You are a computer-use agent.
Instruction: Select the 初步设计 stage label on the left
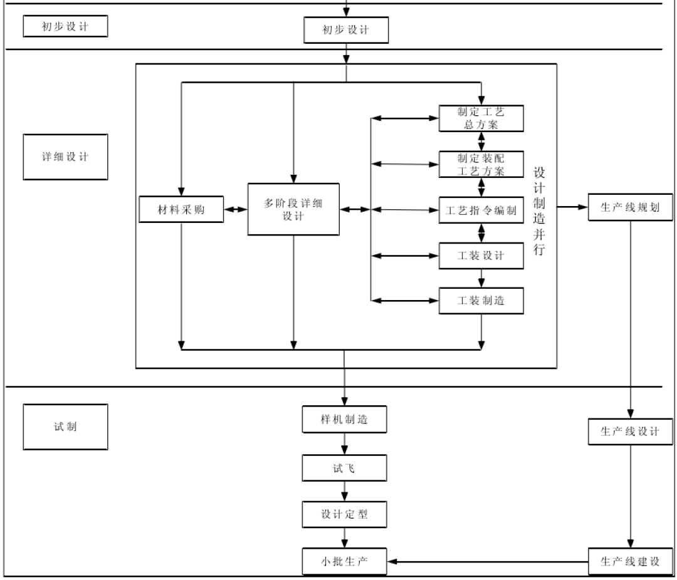pos(65,26)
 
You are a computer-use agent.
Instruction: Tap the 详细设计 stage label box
pos(65,157)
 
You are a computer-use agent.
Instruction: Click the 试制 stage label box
pos(65,427)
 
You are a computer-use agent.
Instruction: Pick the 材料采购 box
pos(181,210)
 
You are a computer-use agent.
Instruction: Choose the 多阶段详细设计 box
pos(293,209)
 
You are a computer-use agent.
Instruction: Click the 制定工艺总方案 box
pos(481,118)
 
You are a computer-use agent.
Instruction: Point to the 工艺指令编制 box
pos(481,210)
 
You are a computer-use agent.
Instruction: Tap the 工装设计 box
pos(481,256)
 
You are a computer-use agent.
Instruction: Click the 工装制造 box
pos(481,301)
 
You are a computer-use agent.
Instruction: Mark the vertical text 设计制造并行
pos(539,210)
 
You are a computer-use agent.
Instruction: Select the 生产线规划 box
pos(631,208)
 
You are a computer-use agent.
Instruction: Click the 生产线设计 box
pos(631,432)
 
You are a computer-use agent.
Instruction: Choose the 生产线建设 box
pos(631,561)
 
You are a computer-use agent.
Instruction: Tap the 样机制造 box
pos(344,419)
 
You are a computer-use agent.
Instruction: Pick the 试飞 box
pos(344,467)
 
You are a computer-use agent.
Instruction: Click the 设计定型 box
pos(344,514)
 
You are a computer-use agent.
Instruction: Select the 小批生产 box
pos(344,561)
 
